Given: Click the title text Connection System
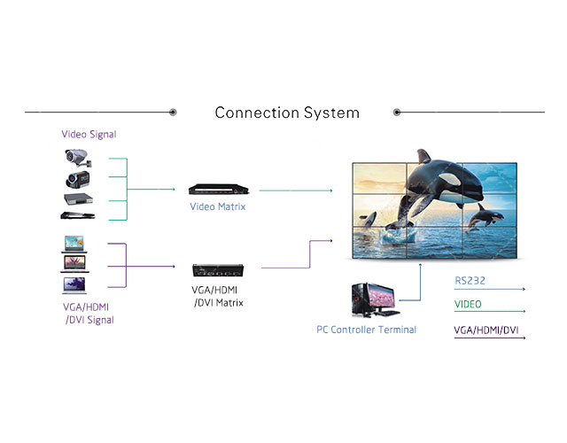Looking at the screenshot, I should click(x=287, y=113).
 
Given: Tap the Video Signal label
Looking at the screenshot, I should click(x=89, y=135).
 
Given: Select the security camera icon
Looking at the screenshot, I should click(x=77, y=159).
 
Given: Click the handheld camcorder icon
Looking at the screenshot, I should click(x=75, y=180).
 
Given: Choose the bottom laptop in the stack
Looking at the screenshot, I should click(x=74, y=284).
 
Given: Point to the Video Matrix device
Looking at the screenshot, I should click(x=218, y=189).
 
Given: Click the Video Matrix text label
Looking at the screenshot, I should click(x=218, y=206).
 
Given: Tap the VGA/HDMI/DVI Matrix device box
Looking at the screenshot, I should click(x=218, y=268).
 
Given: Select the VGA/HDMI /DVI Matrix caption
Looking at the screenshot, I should click(x=218, y=297).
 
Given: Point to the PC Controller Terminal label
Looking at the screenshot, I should click(x=367, y=330).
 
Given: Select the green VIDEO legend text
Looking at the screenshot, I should click(x=469, y=305).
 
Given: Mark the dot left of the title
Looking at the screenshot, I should click(x=173, y=113).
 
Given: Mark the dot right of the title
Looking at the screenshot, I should click(x=397, y=113).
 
